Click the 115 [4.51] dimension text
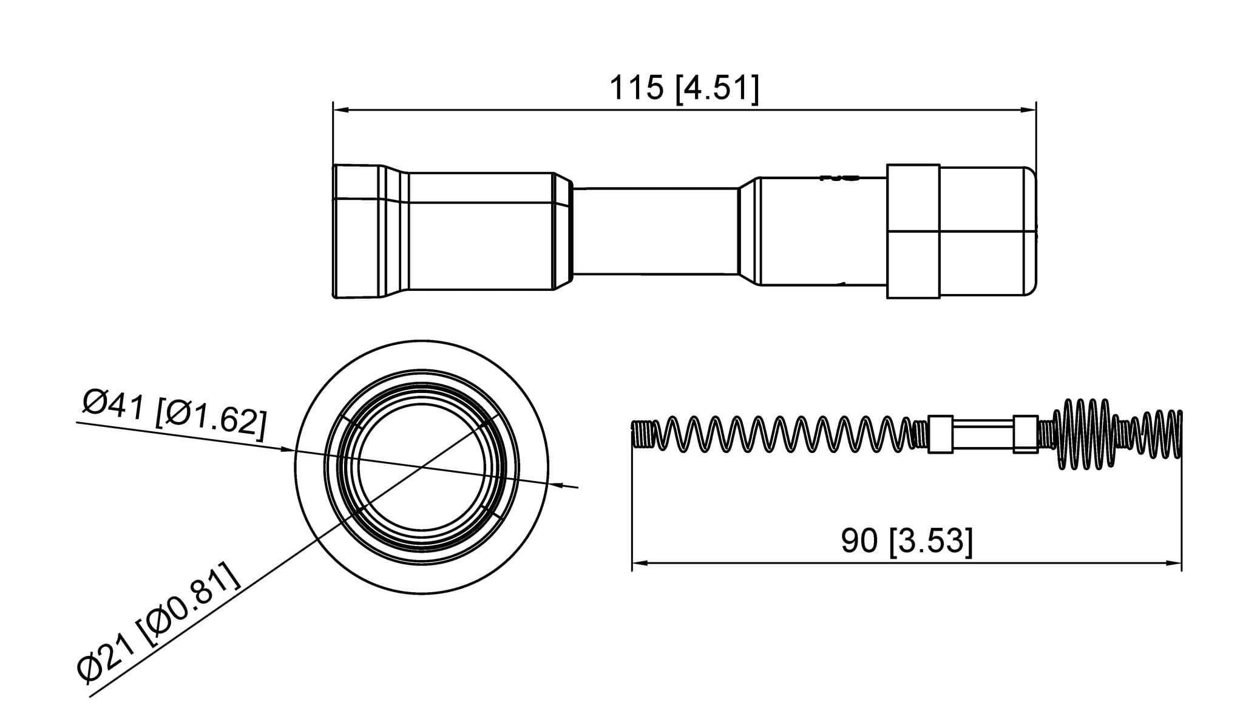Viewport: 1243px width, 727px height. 683,89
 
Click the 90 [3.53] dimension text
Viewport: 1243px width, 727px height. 907,541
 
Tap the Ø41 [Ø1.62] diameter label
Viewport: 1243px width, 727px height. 174,417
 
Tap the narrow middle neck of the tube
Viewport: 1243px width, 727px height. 655,231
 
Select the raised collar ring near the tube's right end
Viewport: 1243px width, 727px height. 913,231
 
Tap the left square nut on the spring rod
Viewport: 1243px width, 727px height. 940,434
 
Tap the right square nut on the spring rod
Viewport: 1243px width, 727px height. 1026,434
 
